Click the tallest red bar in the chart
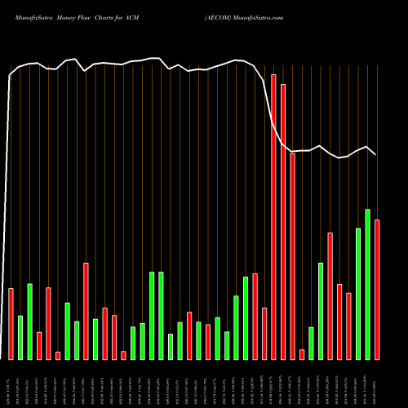(273, 216)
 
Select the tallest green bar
(367, 284)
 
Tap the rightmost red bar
(377, 290)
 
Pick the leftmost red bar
(11, 323)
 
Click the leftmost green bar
(20, 337)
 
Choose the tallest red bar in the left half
(86, 311)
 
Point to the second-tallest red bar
(283, 221)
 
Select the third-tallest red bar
(292, 256)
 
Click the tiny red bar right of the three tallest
(302, 354)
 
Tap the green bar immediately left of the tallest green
(358, 294)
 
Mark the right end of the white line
(375, 154)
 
